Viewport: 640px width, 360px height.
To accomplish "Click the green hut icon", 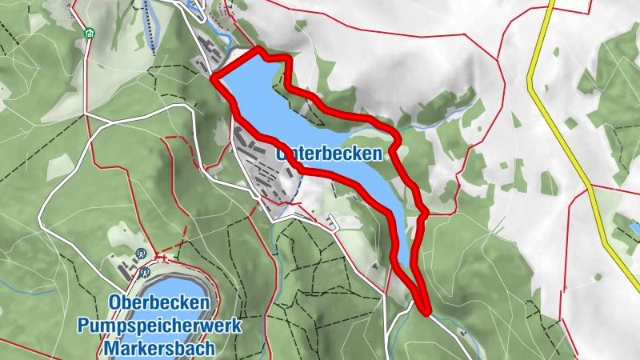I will point(88,34).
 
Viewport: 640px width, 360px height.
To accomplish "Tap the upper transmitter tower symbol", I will point(141,255).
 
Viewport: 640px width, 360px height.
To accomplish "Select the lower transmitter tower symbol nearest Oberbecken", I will point(145,272).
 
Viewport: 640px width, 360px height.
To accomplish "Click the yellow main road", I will point(560,120).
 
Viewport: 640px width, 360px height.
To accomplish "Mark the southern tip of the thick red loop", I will point(426,310).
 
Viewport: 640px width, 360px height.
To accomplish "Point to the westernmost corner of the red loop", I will point(213,78).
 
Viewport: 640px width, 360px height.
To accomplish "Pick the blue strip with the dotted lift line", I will point(151,24).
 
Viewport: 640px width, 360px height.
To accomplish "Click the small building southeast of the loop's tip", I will point(460,330).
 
